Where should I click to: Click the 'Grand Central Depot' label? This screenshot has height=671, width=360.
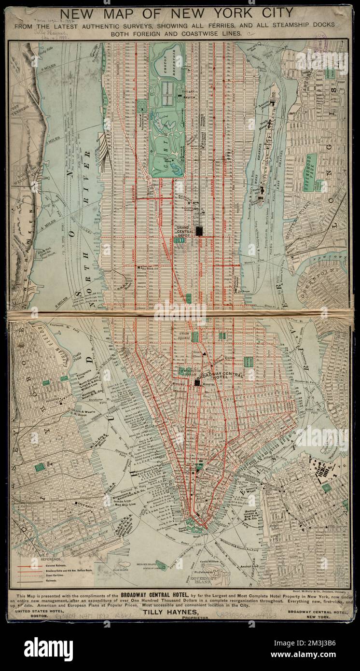pyautogui.click(x=185, y=230)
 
